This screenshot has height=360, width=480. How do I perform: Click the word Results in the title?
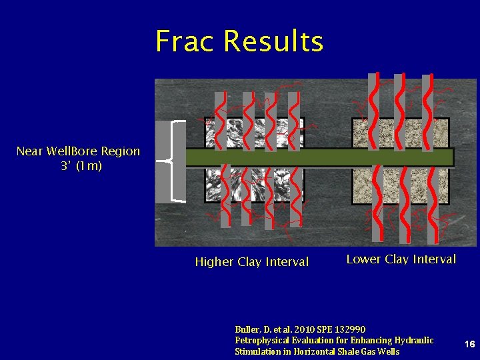[x=274, y=41]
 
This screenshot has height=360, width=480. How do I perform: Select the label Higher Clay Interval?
[x=251, y=262]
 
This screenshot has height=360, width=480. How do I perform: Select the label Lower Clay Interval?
[x=401, y=259]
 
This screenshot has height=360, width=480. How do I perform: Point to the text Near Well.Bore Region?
[x=78, y=151]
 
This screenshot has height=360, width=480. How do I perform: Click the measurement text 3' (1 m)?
[x=81, y=166]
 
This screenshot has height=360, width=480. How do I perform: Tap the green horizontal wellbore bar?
[x=320, y=157]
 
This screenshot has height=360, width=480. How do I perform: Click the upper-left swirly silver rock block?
[x=254, y=133]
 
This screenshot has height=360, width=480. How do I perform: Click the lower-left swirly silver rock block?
[x=254, y=185]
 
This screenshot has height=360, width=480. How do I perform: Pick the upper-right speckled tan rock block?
[x=400, y=133]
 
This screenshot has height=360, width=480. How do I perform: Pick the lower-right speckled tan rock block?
[x=400, y=185]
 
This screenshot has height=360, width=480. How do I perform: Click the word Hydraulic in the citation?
[x=414, y=341]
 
